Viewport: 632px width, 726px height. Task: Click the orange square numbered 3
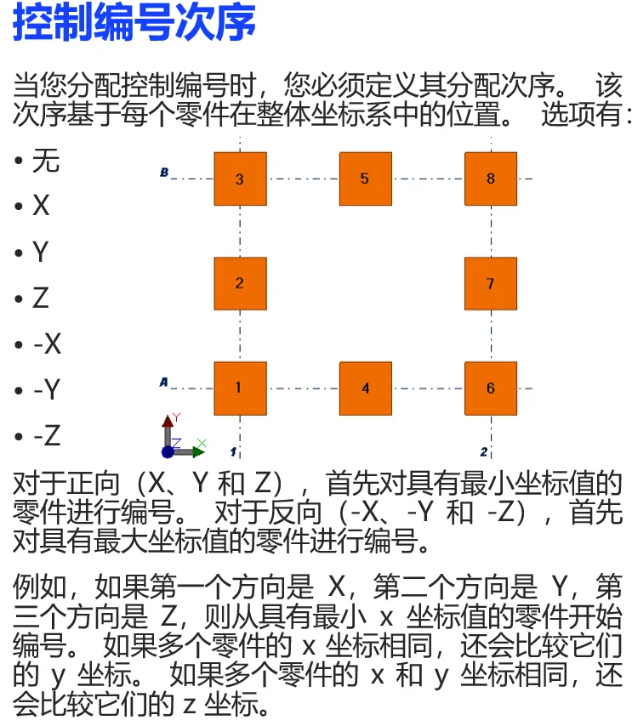(x=240, y=179)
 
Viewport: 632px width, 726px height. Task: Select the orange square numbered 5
(x=365, y=179)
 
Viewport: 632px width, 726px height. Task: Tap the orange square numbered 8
(x=491, y=179)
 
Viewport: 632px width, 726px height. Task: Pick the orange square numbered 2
(x=240, y=283)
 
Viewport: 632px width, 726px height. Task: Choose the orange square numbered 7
(x=491, y=283)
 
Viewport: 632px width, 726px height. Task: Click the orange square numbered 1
(x=240, y=388)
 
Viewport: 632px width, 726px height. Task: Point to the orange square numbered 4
(x=365, y=388)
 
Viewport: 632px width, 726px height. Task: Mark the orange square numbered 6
(x=491, y=388)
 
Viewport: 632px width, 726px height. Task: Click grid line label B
(x=164, y=173)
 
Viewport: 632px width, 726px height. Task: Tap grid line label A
(x=163, y=383)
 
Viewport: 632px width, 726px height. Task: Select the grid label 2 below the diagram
(x=484, y=451)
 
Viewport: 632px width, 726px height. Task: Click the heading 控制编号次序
(x=134, y=23)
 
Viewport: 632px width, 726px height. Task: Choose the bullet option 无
(x=46, y=160)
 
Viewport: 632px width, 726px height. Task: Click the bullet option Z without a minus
(x=41, y=298)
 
